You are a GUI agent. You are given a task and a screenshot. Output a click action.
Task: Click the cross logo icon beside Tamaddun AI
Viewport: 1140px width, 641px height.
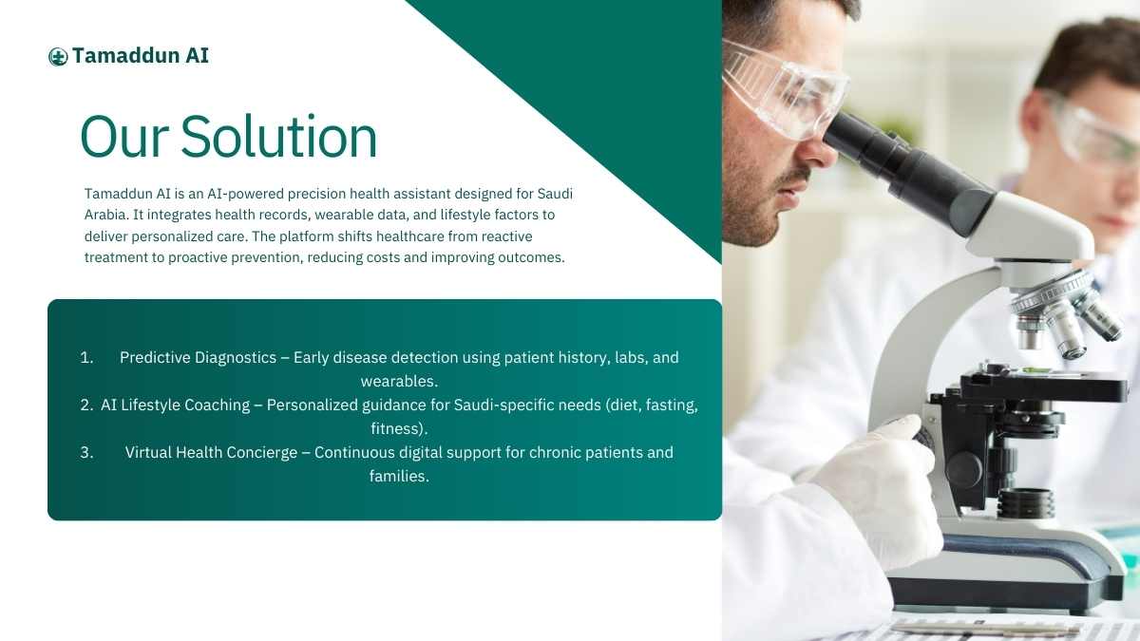pyautogui.click(x=58, y=56)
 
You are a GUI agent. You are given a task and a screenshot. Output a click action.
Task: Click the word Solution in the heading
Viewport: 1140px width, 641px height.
pyautogui.click(x=279, y=137)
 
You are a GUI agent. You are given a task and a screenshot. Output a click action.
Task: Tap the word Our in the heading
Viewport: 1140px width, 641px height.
pyautogui.click(x=124, y=138)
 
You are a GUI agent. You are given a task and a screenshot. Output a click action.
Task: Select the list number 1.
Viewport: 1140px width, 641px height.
pyautogui.click(x=86, y=358)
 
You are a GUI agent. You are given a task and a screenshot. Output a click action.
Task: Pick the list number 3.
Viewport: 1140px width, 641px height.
pyautogui.click(x=86, y=452)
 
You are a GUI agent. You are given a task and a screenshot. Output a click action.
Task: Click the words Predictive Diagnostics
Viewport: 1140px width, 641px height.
pyautogui.click(x=198, y=358)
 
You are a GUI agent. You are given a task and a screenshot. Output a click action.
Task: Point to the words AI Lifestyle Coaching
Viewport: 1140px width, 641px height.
pyautogui.click(x=175, y=405)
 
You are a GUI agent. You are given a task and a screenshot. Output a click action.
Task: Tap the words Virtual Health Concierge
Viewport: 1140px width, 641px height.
pyautogui.click(x=211, y=452)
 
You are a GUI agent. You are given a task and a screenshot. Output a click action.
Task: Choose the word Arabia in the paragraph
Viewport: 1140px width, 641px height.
pyautogui.click(x=104, y=215)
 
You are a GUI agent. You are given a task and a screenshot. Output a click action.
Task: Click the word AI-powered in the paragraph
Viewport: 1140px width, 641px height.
pyautogui.click(x=245, y=194)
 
